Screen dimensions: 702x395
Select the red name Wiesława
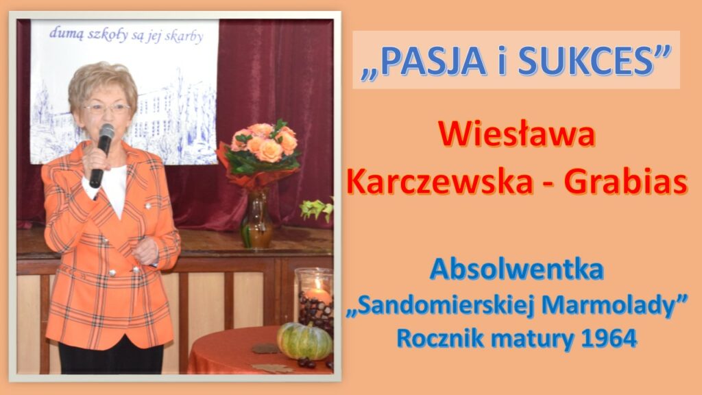click(517, 135)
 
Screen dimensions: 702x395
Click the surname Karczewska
click(439, 182)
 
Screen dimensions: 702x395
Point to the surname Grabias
click(625, 182)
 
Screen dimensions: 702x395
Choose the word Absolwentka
click(517, 270)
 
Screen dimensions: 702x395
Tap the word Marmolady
click(608, 305)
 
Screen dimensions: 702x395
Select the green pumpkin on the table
click(304, 342)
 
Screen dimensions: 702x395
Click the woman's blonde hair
click(103, 83)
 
